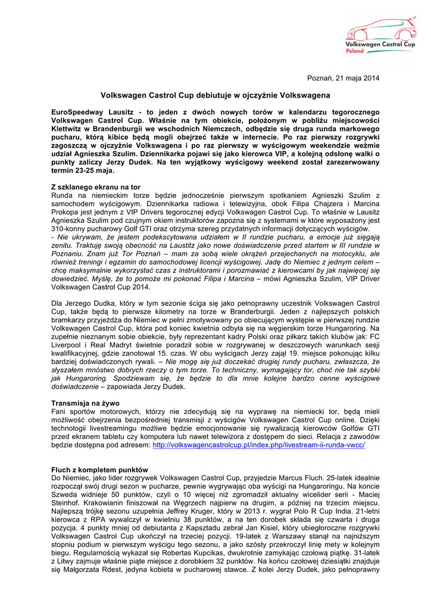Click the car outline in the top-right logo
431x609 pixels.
[x=382, y=28]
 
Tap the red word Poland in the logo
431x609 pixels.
[x=355, y=51]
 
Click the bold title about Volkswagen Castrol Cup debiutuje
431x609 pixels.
[x=215, y=95]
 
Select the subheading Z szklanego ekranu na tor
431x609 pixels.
[x=96, y=187]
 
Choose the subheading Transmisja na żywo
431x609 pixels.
[x=85, y=403]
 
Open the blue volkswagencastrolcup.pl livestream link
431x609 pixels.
[x=258, y=445]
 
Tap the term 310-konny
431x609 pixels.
[x=71, y=228]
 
